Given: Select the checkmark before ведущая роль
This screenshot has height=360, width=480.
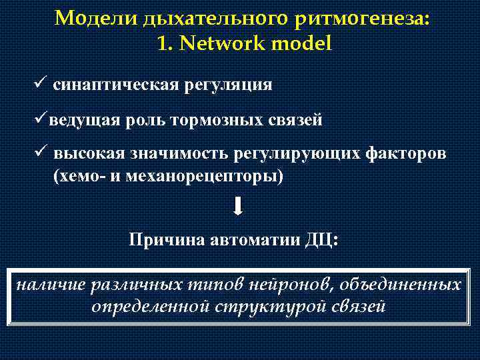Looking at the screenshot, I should [41, 119].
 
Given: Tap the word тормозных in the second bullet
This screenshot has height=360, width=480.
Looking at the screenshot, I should [215, 120].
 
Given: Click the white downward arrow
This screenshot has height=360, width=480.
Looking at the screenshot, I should [239, 207].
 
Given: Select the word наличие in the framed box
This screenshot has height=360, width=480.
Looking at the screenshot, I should [45, 285].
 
